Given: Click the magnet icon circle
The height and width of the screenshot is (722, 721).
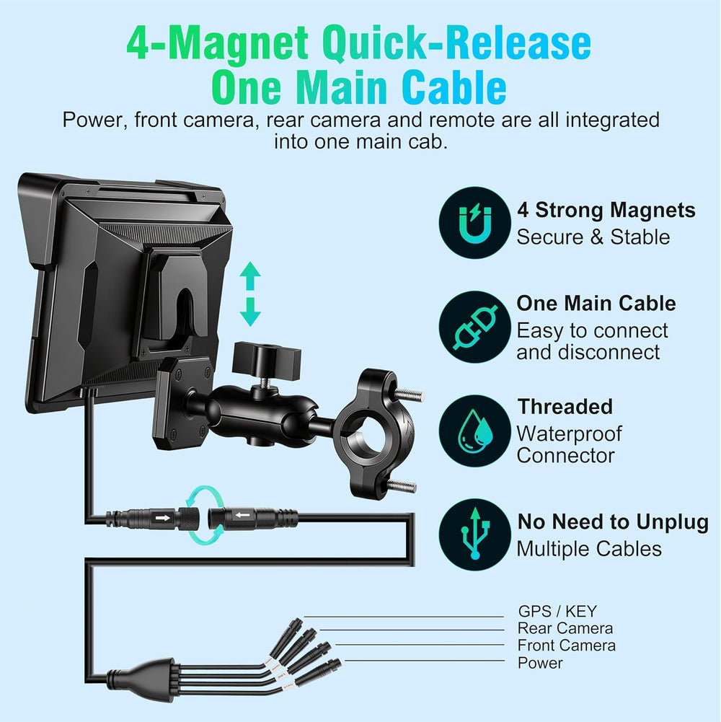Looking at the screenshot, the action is click(x=474, y=223).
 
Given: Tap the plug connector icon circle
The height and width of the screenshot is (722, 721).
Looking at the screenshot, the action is click(x=474, y=327).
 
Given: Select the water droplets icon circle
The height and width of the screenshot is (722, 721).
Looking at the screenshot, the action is click(x=474, y=431).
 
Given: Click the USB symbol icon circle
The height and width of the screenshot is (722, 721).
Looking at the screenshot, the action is click(x=474, y=534).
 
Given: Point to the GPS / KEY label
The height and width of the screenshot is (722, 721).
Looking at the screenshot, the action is click(x=557, y=612).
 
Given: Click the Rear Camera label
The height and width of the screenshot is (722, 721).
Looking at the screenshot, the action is click(x=565, y=628).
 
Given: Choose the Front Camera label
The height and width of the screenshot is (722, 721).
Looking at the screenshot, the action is click(x=566, y=645).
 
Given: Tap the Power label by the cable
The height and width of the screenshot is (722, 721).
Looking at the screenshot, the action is click(x=540, y=663).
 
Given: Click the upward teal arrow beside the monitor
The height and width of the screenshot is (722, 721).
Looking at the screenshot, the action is click(x=250, y=276).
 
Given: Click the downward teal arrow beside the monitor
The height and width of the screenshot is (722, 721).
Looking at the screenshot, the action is click(x=250, y=312).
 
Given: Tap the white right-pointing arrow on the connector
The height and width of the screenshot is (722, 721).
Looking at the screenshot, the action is click(x=162, y=518).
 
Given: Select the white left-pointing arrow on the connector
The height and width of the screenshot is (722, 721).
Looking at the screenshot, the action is click(x=243, y=515).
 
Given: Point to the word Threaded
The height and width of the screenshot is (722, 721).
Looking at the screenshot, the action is click(x=565, y=407).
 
